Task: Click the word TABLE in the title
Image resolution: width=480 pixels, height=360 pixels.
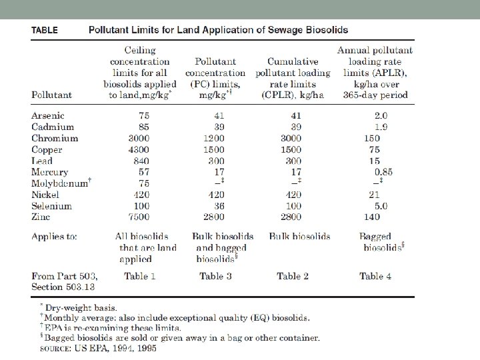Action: coord(44,30)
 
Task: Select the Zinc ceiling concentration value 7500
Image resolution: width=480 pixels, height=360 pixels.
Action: coord(140,217)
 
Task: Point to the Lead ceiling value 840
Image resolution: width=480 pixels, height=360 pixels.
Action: coord(140,161)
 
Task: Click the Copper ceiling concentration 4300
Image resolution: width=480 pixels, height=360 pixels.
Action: coord(140,149)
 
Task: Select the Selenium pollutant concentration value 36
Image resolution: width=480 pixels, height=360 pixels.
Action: coord(215,206)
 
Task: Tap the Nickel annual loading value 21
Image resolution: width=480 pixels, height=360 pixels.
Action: coord(374,195)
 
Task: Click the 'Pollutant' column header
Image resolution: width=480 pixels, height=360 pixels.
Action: coord(51,95)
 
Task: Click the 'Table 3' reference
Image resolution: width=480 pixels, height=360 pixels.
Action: coord(215,276)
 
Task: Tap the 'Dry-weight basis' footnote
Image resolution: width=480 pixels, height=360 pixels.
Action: coord(80,308)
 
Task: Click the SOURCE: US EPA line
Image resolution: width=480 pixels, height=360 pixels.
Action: coord(99,348)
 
